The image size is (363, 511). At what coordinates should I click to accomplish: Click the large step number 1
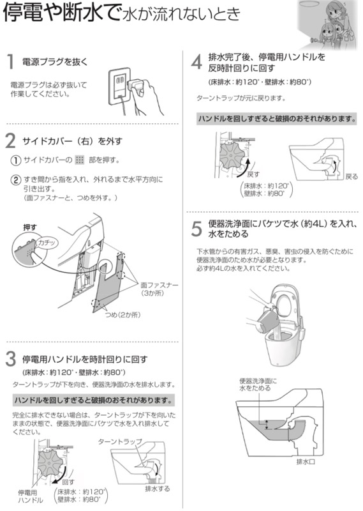pos(11,62)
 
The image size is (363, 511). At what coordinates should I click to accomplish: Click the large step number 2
pos(11,140)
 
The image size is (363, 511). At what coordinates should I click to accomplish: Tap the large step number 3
pos(11,356)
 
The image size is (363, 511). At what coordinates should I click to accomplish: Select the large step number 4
pos(197,62)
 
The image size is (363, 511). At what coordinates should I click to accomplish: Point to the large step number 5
pos(197,228)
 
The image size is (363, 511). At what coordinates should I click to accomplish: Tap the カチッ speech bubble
pos(46,243)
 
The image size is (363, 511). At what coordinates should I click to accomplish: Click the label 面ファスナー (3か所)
pos(157,289)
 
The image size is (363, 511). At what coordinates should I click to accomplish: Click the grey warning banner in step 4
pos(276,119)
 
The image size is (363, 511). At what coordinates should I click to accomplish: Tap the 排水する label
pos(157,489)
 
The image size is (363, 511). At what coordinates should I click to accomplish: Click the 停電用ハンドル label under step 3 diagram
pos(30,496)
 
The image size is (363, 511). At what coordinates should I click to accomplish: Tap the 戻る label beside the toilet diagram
pos(351,176)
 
